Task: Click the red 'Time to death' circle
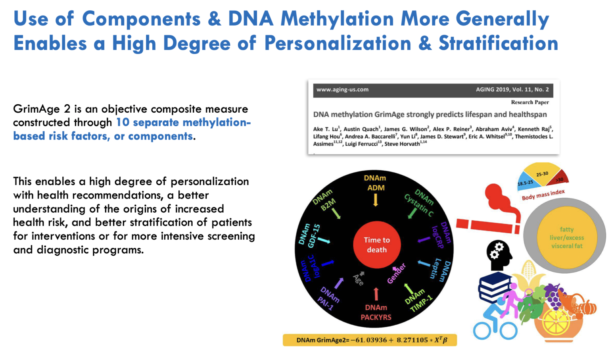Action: point(377,245)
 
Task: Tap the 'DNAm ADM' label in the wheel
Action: point(375,183)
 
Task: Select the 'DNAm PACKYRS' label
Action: point(376,312)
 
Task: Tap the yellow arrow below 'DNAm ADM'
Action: point(375,199)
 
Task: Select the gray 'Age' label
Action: point(358,280)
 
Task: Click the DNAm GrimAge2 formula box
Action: point(370,340)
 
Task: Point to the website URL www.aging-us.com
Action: point(343,90)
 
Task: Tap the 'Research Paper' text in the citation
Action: point(530,102)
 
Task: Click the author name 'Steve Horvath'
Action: point(402,144)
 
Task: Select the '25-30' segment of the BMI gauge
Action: point(542,174)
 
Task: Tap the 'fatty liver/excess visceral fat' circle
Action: point(566,238)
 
